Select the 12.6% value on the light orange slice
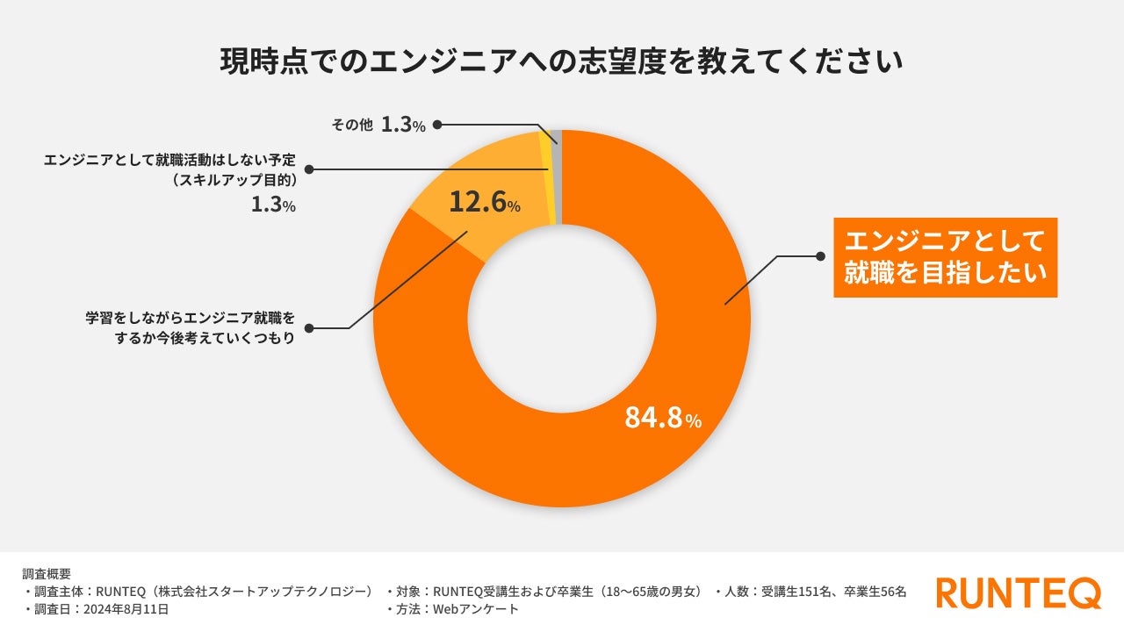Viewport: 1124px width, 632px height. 484,204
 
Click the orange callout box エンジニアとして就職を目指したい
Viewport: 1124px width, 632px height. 945,257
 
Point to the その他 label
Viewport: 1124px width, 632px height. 352,126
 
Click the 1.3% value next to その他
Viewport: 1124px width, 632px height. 403,126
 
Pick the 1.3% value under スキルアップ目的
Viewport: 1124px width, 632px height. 274,205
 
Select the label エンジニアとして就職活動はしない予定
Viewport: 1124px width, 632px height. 170,162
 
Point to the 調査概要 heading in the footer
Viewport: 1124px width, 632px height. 47,573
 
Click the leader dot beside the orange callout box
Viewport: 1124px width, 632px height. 820,256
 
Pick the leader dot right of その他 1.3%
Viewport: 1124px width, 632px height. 437,125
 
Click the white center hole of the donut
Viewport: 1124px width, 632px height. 562,318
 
